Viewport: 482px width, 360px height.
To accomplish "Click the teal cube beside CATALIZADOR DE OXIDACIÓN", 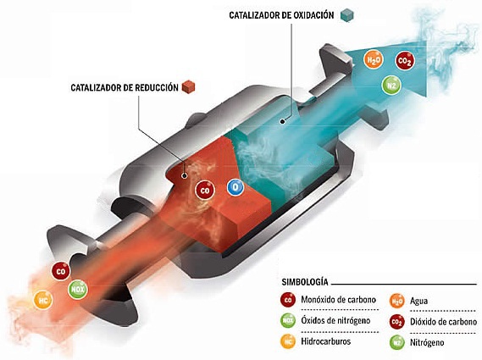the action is pyautogui.click(x=347, y=14).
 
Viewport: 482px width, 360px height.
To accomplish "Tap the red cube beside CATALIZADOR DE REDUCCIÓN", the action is pyautogui.click(x=188, y=86).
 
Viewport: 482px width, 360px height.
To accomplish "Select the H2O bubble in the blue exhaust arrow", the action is pyautogui.click(x=374, y=59).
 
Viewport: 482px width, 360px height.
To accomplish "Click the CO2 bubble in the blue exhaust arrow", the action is pyautogui.click(x=405, y=61).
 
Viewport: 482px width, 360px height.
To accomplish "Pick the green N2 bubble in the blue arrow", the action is pyautogui.click(x=391, y=86).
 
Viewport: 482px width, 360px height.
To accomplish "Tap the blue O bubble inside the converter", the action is pyautogui.click(x=235, y=187).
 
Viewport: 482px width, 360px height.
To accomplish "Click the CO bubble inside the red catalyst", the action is pyautogui.click(x=205, y=191).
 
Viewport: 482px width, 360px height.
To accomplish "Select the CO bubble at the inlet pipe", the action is pyautogui.click(x=61, y=271).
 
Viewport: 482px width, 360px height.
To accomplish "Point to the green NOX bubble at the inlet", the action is pyautogui.click(x=78, y=290).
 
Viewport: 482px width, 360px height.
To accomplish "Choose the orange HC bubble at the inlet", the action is pyautogui.click(x=43, y=300).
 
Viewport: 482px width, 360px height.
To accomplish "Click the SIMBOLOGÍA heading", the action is pyautogui.click(x=305, y=282).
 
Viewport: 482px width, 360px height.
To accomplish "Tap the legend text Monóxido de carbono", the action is pyautogui.click(x=339, y=299).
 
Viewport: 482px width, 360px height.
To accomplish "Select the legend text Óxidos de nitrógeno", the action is pyautogui.click(x=335, y=320).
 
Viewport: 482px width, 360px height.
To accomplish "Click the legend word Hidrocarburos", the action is pyautogui.click(x=326, y=341).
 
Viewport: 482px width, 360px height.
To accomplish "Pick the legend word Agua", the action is pyautogui.click(x=418, y=301).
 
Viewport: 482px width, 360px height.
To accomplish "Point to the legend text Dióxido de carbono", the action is pyautogui.click(x=444, y=322).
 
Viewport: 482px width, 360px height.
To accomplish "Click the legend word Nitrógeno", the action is pyautogui.click(x=427, y=342).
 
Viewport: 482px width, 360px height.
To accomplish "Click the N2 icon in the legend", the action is pyautogui.click(x=396, y=342).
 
